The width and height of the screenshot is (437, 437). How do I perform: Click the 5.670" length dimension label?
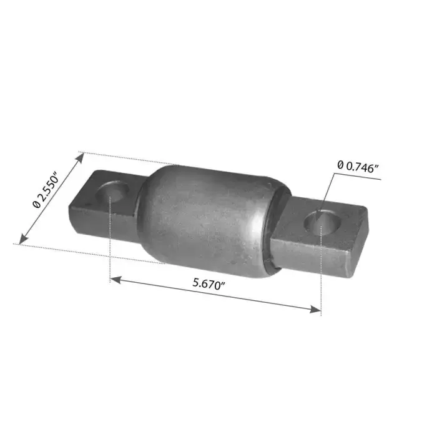tap(209, 283)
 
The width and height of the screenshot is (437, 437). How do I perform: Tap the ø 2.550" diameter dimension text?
tap(46, 190)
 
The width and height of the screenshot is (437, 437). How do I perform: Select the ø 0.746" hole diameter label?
tap(358, 167)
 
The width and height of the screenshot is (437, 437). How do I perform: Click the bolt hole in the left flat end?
tap(112, 192)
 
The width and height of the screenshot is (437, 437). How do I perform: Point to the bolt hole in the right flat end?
tap(322, 222)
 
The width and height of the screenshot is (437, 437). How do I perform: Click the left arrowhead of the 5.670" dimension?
tap(115, 280)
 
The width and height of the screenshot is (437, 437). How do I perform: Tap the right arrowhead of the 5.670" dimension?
tap(315, 309)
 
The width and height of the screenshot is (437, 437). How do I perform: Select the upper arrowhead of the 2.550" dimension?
tap(80, 158)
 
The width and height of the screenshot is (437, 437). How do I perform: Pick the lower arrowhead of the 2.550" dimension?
tap(23, 239)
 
